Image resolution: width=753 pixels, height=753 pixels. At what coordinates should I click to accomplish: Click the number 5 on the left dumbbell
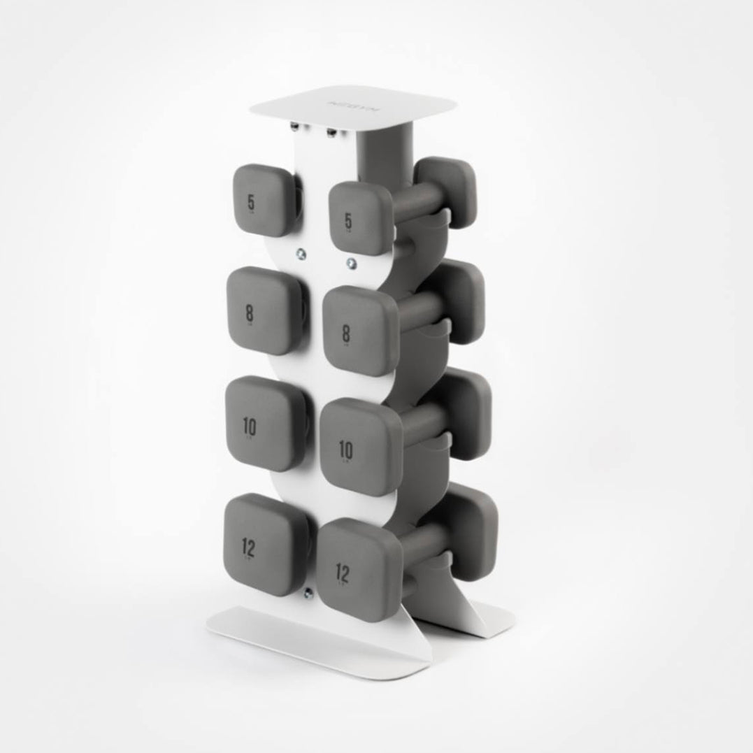[x=251, y=203]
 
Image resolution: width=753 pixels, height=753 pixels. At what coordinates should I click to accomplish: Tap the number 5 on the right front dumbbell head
[x=348, y=222]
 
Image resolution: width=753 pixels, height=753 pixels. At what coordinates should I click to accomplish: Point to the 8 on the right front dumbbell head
[x=346, y=334]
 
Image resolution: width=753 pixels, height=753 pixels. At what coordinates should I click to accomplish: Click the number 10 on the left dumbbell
[x=250, y=425]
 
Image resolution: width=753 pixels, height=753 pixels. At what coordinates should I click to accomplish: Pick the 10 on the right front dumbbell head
[x=345, y=447]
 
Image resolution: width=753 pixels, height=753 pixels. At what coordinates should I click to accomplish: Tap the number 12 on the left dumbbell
[x=250, y=549]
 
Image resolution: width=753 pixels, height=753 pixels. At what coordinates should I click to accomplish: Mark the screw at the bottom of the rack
[x=307, y=594]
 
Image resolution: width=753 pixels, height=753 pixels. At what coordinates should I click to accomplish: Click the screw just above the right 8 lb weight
[x=351, y=264]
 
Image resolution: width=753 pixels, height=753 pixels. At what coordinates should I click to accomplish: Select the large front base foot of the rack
[x=315, y=636]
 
